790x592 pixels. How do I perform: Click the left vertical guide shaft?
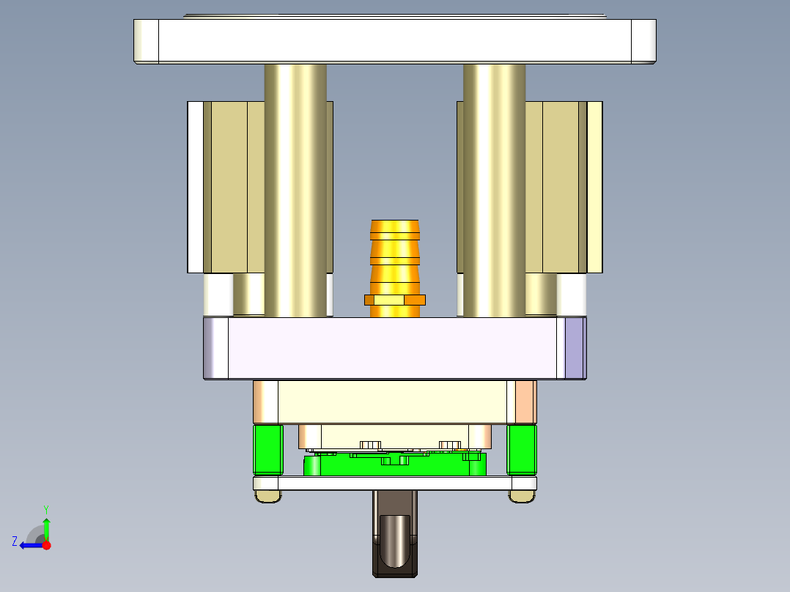click(x=295, y=190)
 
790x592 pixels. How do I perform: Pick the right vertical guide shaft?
click(x=494, y=190)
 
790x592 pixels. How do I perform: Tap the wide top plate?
click(x=395, y=41)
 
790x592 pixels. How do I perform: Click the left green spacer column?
click(x=267, y=449)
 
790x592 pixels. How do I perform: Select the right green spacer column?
click(x=522, y=449)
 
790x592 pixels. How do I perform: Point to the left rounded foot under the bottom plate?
click(x=267, y=497)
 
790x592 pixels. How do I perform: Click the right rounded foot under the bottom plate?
click(x=522, y=497)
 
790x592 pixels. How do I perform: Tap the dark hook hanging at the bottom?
click(x=395, y=542)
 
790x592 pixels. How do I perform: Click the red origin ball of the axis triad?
click(x=46, y=545)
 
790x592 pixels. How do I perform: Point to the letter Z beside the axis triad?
click(x=15, y=541)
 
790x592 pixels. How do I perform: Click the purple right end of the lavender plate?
click(x=575, y=348)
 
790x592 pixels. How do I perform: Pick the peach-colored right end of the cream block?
click(x=525, y=402)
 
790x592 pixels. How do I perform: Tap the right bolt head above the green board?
click(x=449, y=444)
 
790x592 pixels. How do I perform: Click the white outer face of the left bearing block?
click(x=195, y=187)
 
